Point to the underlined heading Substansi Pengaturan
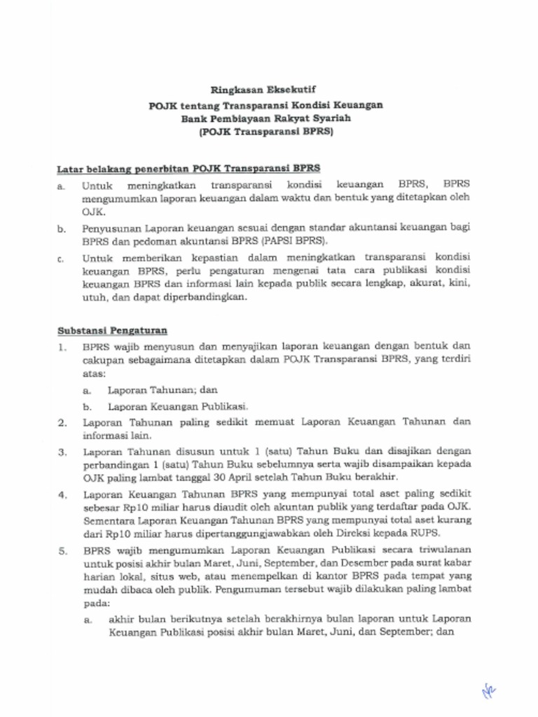(x=112, y=330)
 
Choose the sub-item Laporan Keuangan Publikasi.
(x=178, y=406)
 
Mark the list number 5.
(x=62, y=551)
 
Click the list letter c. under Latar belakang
(x=62, y=258)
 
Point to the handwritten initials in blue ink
(x=488, y=692)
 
